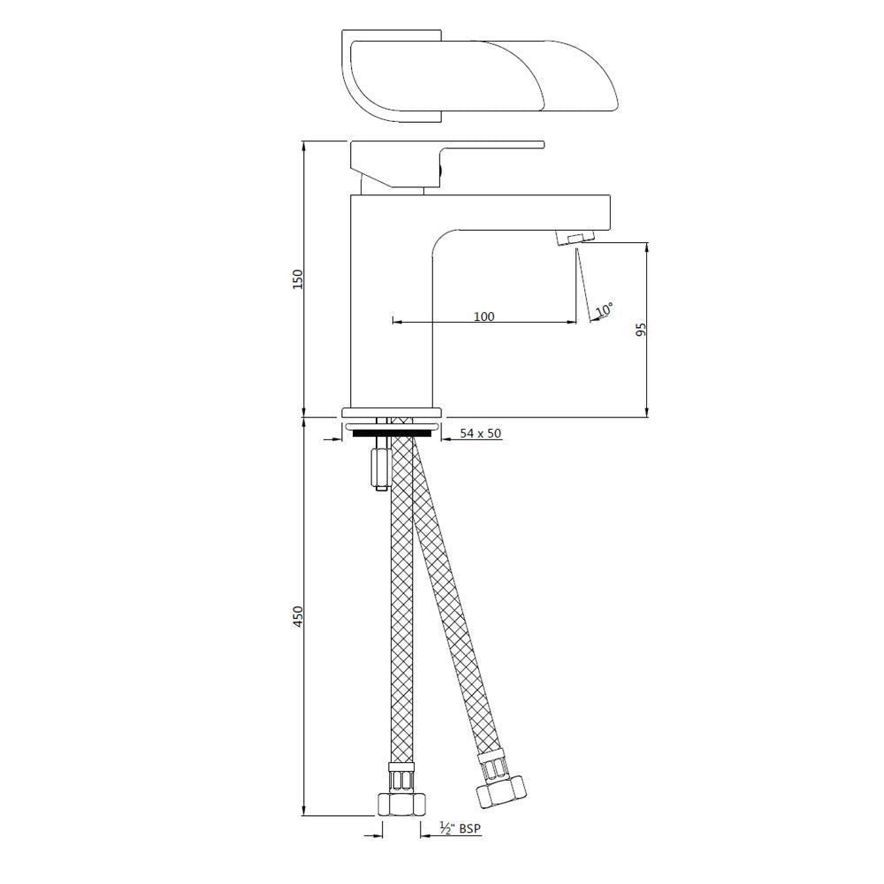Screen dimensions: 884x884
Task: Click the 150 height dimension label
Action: point(299,278)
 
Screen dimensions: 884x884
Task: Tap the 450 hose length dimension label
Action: point(299,616)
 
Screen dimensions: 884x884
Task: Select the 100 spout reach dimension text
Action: point(484,316)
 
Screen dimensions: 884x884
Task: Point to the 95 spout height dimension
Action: point(641,329)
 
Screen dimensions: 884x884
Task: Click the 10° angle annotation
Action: point(605,310)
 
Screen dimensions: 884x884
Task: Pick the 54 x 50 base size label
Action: point(480,434)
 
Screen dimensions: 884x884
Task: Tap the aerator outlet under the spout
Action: point(575,239)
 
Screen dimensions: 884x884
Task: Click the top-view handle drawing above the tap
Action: point(477,78)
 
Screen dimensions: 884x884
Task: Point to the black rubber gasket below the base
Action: point(392,432)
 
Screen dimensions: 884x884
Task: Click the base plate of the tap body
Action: point(392,413)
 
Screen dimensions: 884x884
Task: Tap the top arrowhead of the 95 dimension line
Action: point(647,248)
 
